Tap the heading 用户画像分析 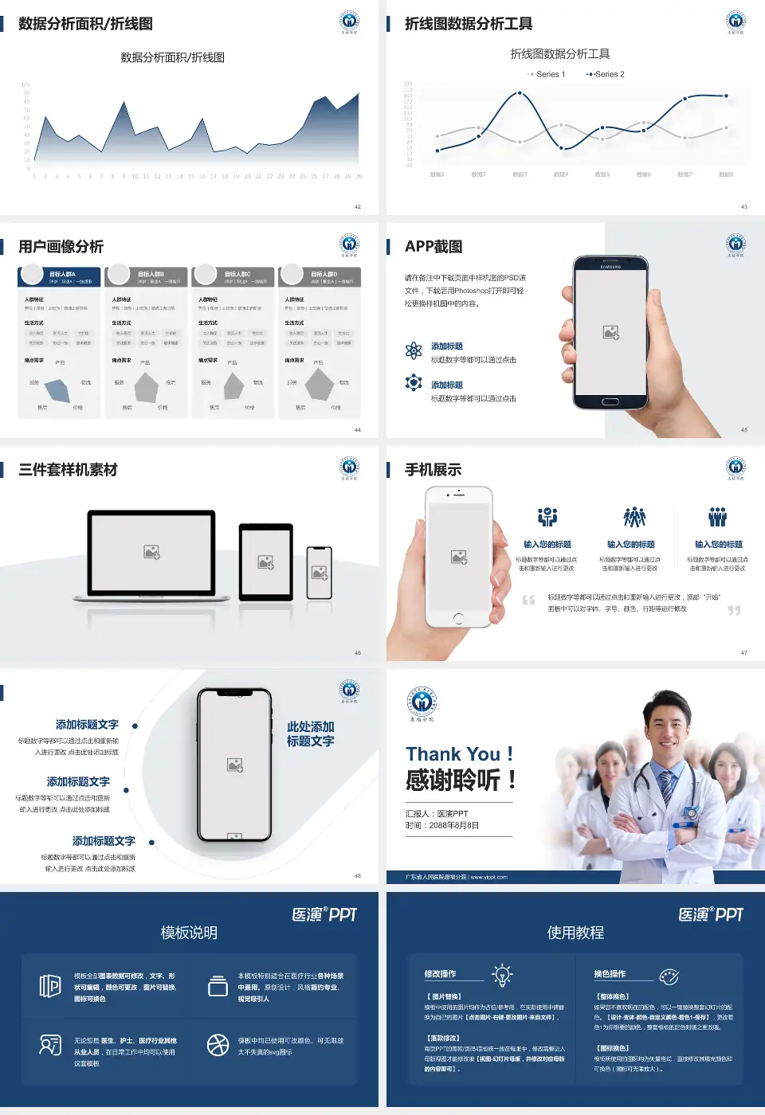click(x=61, y=247)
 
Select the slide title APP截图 click(x=433, y=247)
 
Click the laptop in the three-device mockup click(x=151, y=554)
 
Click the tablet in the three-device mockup click(x=266, y=562)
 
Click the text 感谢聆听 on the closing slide click(x=453, y=780)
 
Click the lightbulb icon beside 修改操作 click(x=502, y=975)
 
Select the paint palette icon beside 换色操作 click(x=669, y=976)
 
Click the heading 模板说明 click(x=189, y=933)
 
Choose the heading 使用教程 click(x=575, y=933)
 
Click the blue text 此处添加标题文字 click(x=310, y=734)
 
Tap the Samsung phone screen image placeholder click(x=611, y=332)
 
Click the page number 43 click(x=744, y=207)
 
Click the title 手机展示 click(x=433, y=470)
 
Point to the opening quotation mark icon click(x=528, y=600)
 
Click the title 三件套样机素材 click(x=68, y=470)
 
